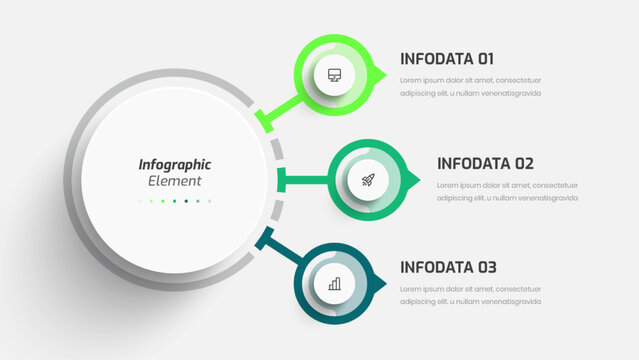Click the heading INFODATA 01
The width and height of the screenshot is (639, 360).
[x=446, y=58]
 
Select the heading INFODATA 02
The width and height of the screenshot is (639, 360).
[x=485, y=163]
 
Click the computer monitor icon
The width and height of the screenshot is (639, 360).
[x=334, y=75]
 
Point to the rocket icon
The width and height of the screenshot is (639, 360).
[x=367, y=180]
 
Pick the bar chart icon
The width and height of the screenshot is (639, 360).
[x=334, y=284]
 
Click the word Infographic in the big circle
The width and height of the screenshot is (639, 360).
[x=174, y=165]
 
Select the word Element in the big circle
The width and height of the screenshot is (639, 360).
[x=174, y=182]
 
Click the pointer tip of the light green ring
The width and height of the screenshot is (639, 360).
[x=382, y=75]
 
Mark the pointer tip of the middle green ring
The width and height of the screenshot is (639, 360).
[x=417, y=180]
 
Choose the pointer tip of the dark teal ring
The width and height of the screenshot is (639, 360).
[x=382, y=284]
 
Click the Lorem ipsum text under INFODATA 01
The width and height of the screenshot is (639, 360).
[x=471, y=86]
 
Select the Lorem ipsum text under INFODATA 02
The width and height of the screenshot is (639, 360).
[x=507, y=191]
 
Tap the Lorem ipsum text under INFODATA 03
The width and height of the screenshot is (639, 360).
[x=471, y=295]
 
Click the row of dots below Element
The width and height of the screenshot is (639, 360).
[x=174, y=201]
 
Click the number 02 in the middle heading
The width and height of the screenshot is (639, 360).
[x=524, y=163]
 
